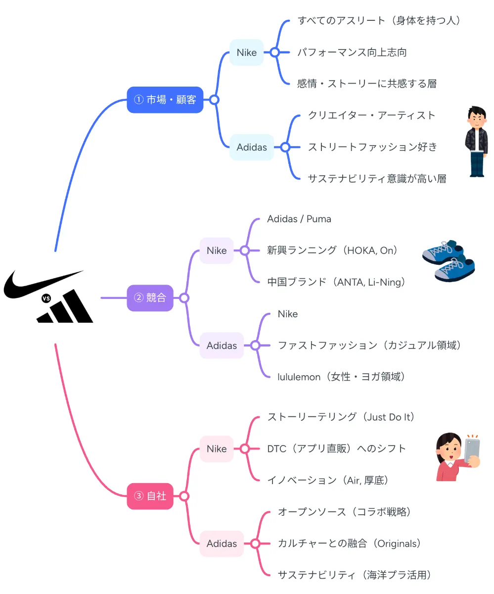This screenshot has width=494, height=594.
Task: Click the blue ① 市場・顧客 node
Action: [x=165, y=100]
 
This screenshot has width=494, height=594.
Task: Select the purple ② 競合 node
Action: [x=150, y=298]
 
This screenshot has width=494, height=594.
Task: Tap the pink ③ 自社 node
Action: [x=150, y=496]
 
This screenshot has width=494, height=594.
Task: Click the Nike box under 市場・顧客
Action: [x=246, y=52]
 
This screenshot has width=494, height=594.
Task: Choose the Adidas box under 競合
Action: [x=222, y=346]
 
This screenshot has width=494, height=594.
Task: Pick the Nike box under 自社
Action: [x=216, y=449]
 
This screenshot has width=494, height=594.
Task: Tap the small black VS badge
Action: [x=46, y=298]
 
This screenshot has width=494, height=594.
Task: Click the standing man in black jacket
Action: [x=477, y=142]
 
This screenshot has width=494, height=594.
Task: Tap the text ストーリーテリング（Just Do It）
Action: [x=341, y=417]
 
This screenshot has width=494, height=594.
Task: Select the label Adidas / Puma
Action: [x=299, y=219]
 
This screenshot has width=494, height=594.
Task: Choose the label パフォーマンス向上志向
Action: [x=352, y=52]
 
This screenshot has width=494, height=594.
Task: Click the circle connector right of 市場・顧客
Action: [x=214, y=100]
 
